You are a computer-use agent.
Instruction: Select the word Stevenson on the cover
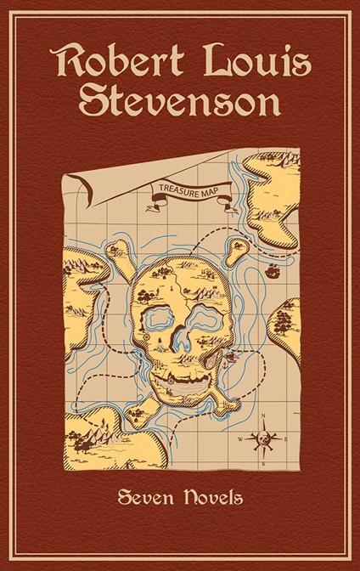pyautogui.click(x=180, y=103)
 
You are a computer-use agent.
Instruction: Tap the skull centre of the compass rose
pyautogui.click(x=264, y=439)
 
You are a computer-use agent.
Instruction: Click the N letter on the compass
pyautogui.click(x=264, y=416)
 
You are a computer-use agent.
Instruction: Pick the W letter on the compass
pyautogui.click(x=242, y=439)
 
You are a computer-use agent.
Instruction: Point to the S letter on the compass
pyautogui.click(x=264, y=464)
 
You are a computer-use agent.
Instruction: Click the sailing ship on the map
pyautogui.click(x=273, y=273)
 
